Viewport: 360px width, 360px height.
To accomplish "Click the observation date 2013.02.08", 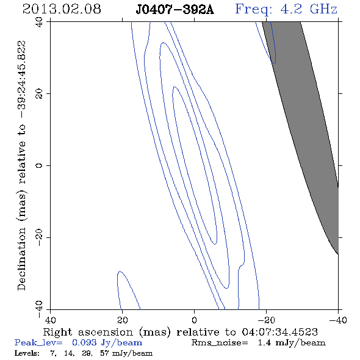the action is coord(62,9).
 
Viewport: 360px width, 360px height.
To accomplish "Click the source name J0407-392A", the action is coord(175,10).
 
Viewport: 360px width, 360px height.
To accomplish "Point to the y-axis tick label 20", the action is coord(39,94).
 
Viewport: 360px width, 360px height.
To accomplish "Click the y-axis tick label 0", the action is coord(39,165).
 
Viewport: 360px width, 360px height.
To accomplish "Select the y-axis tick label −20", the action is coord(39,237).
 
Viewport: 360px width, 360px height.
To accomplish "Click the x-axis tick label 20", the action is coord(123,320).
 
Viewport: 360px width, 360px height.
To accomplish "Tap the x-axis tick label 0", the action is coord(194,320).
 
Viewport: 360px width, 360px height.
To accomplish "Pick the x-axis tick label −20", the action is coord(266,320).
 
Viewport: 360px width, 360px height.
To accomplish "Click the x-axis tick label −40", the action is coord(338,320).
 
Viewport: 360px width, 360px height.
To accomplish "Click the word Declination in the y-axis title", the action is coord(21,259).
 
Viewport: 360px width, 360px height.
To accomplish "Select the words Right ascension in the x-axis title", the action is coord(88,332).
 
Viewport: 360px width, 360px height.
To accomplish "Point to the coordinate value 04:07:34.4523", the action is coord(279,332).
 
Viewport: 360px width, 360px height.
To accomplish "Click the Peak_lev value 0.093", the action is coord(84,342).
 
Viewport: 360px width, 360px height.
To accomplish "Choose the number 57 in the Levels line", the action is coord(104,353).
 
